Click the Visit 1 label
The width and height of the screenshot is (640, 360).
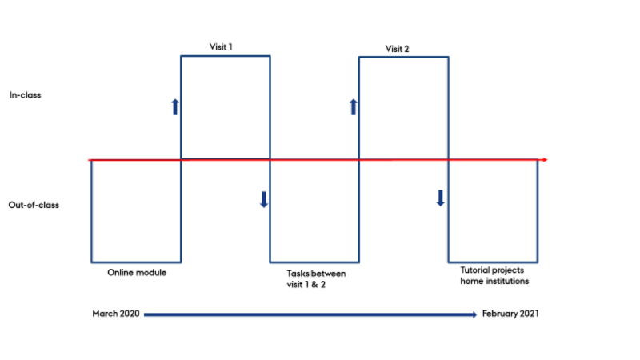pyautogui.click(x=220, y=47)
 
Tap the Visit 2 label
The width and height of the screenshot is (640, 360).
pyautogui.click(x=397, y=49)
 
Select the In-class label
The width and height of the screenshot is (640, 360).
pyautogui.click(x=25, y=95)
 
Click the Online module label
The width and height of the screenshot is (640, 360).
pyautogui.click(x=137, y=272)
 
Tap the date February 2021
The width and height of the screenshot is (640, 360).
pyautogui.click(x=510, y=314)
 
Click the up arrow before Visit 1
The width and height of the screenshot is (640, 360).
pyautogui.click(x=174, y=106)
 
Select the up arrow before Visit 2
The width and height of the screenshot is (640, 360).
pyautogui.click(x=353, y=106)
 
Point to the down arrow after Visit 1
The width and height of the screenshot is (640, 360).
pyautogui.click(x=263, y=199)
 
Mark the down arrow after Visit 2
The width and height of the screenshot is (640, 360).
pyautogui.click(x=440, y=198)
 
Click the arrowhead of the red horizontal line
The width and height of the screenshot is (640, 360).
pyautogui.click(x=544, y=161)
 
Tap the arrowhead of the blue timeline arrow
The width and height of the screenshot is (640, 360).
pyautogui.click(x=474, y=314)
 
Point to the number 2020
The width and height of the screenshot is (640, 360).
pyautogui.click(x=127, y=314)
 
